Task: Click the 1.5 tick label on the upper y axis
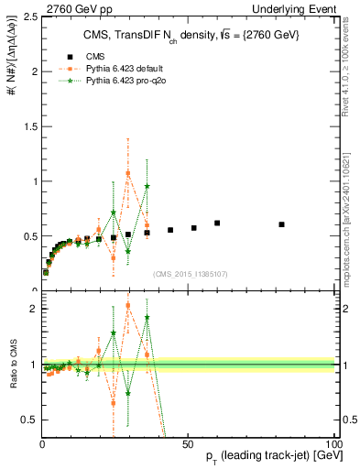point(31,126)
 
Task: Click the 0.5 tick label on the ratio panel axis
point(31,420)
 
